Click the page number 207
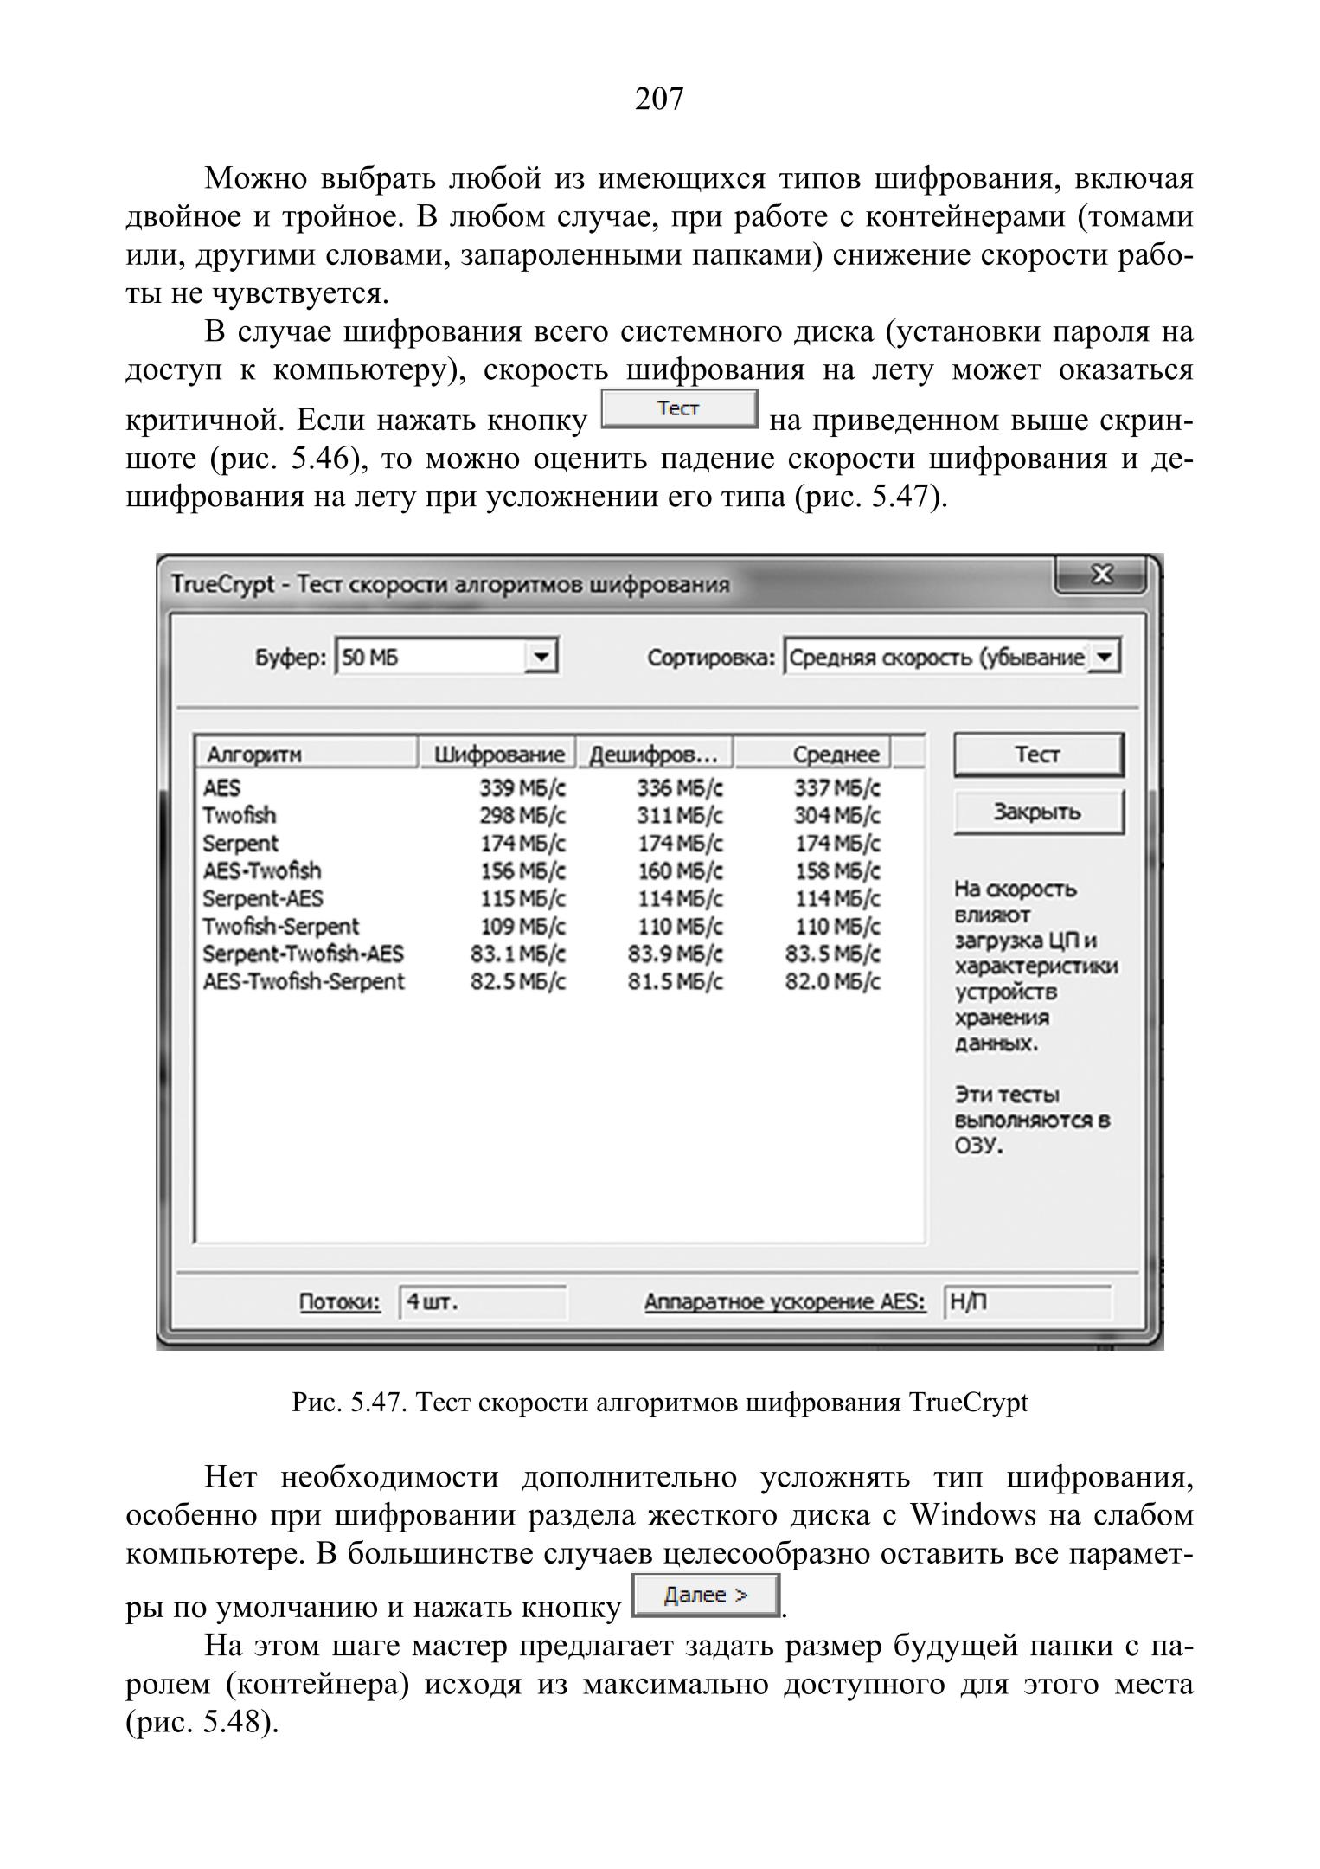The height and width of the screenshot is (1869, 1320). tap(659, 100)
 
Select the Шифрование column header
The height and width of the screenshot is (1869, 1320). tap(499, 755)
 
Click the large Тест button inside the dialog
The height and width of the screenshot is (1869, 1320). tap(1038, 755)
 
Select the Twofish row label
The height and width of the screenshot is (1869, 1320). tap(240, 816)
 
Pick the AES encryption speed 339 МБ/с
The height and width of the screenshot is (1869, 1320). tap(523, 788)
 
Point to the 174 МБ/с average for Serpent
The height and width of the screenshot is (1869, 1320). tap(837, 844)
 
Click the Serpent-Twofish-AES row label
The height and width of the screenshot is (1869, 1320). tap(303, 954)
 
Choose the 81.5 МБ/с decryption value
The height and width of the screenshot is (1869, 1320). tap(676, 982)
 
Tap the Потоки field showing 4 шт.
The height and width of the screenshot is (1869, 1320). tap(482, 1302)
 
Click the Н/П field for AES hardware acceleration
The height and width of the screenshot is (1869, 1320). tap(1027, 1302)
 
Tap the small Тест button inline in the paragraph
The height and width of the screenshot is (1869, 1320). tap(679, 409)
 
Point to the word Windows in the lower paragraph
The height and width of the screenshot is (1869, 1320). tap(973, 1516)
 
